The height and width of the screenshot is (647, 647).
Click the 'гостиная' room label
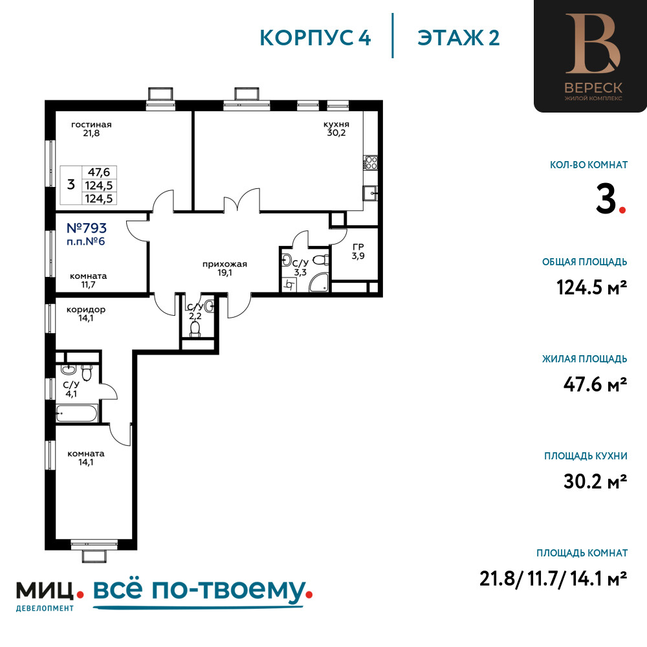pos(91,124)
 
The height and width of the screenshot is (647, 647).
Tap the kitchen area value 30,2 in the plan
pos(336,133)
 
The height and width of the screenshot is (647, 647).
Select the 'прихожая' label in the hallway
pos(225,264)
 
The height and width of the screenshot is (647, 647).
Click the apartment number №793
pos(87,228)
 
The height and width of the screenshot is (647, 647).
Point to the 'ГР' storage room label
pos(358,247)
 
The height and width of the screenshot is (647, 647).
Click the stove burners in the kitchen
pos(371,162)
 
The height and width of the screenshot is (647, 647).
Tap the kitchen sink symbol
pos(370,193)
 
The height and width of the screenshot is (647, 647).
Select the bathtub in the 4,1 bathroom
pos(77,413)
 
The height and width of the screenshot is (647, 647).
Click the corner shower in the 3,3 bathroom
pos(319,282)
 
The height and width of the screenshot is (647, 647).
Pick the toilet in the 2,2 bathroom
pos(195,329)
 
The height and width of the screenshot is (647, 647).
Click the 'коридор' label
pos(86,309)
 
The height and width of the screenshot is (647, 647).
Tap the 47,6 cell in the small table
pos(99,172)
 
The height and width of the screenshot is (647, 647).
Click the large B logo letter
pos(593,43)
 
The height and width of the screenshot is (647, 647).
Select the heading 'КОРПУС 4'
pos(315,38)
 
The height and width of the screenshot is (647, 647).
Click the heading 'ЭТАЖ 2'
pos(459,38)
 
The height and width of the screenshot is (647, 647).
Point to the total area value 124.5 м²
pos(592,287)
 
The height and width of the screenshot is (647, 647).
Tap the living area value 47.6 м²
pos(595,384)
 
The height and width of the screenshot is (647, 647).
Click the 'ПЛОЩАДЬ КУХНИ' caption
pos(586,456)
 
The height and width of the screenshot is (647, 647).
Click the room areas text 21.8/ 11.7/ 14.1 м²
pos(553,578)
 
